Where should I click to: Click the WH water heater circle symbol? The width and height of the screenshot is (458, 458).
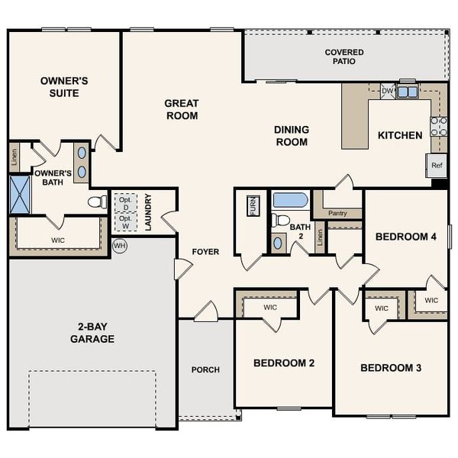(x=119, y=246)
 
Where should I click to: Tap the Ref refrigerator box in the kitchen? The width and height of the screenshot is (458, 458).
(x=437, y=165)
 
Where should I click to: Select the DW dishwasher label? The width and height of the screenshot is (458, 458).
(x=387, y=92)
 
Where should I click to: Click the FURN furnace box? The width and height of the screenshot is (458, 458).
(x=253, y=206)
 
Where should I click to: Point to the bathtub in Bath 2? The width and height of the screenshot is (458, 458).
(x=290, y=201)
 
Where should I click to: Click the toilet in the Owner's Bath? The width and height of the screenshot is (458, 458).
(x=98, y=202)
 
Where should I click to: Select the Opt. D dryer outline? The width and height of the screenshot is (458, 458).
(x=124, y=203)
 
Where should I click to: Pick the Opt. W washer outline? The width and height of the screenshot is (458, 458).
(x=124, y=221)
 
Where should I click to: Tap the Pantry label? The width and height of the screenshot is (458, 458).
(x=337, y=213)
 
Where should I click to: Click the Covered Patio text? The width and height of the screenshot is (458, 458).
(x=344, y=56)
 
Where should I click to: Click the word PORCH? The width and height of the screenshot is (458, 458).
(x=205, y=369)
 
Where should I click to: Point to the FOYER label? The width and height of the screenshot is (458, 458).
(x=205, y=251)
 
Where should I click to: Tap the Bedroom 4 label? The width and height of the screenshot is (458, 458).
(x=405, y=237)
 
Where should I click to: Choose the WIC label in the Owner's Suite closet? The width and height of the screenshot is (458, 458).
(x=58, y=240)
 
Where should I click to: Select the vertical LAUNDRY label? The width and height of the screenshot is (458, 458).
(x=149, y=212)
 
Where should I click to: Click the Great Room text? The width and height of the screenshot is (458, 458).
(x=182, y=109)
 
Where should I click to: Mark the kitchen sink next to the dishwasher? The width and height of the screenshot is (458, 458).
(x=407, y=92)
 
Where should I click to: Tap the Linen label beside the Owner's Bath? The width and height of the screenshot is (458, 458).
(x=15, y=156)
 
